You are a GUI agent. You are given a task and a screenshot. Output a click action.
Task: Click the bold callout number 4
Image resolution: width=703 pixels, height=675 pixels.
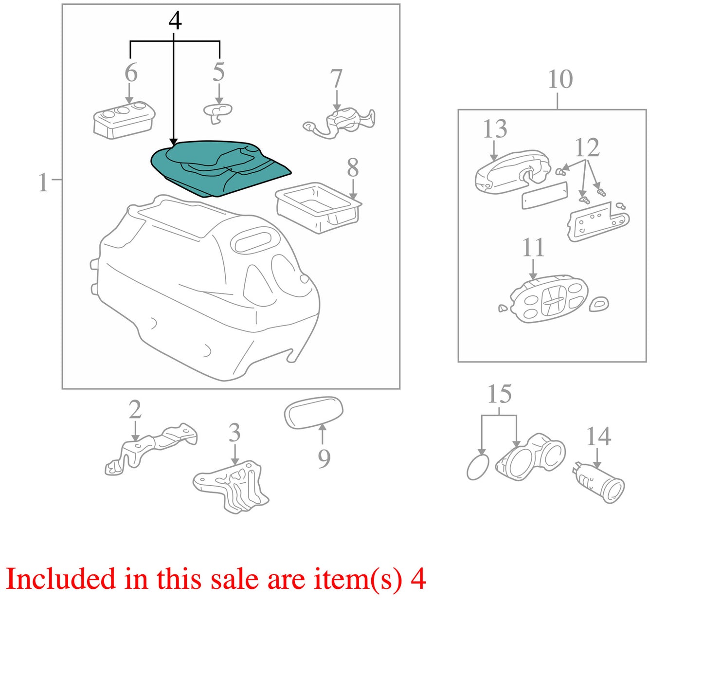(x=175, y=21)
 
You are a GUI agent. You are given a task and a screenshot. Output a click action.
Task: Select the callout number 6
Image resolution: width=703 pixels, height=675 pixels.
(x=131, y=73)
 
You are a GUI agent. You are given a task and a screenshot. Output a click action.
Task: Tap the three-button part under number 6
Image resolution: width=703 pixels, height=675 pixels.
(x=124, y=119)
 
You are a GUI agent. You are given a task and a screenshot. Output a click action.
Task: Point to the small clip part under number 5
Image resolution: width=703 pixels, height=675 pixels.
(x=217, y=113)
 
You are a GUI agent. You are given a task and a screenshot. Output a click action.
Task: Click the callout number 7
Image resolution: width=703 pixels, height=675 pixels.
(x=336, y=79)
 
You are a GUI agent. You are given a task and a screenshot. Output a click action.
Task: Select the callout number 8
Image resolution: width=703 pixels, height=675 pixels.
(x=353, y=168)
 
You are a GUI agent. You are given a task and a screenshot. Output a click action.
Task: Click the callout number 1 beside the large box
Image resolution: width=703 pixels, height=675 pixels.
(x=43, y=183)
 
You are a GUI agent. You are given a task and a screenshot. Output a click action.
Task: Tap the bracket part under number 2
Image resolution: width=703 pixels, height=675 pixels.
(x=151, y=449)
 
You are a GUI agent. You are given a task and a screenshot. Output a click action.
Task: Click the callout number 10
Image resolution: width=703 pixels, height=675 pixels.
(x=560, y=79)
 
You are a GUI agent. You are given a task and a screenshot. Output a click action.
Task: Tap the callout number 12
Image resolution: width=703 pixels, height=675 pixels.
(x=587, y=147)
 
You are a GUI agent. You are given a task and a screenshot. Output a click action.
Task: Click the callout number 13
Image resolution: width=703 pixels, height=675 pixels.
(x=495, y=129)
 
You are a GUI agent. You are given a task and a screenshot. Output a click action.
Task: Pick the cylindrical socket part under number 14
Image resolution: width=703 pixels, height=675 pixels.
(x=598, y=483)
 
